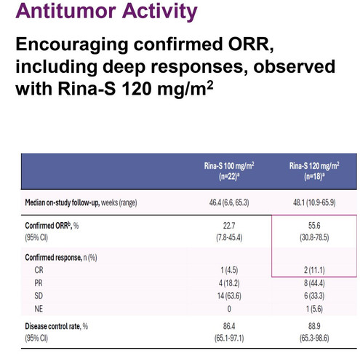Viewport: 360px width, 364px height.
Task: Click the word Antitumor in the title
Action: click(x=66, y=11)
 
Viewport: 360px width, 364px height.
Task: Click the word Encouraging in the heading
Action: click(x=72, y=45)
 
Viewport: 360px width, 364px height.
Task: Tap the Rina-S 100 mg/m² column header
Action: click(x=229, y=171)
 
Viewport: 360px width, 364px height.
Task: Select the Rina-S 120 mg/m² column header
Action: click(x=314, y=171)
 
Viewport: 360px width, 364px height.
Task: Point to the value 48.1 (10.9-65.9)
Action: click(x=314, y=202)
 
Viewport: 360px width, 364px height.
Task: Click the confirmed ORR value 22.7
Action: click(x=229, y=226)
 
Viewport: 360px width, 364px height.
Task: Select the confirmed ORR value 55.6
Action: click(x=314, y=226)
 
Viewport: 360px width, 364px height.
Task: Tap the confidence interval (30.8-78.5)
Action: click(x=314, y=237)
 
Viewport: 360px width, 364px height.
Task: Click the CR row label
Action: click(x=39, y=270)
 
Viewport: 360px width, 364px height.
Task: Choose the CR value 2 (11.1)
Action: click(x=314, y=270)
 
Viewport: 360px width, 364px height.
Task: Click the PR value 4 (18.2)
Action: click(x=229, y=283)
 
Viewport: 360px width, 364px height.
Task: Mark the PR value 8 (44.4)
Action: click(x=314, y=283)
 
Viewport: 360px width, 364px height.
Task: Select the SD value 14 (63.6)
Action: click(x=229, y=296)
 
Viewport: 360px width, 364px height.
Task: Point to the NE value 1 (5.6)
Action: click(x=314, y=309)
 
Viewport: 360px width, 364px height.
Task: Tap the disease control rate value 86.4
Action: click(x=229, y=326)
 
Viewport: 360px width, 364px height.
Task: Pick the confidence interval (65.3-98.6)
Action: click(x=314, y=338)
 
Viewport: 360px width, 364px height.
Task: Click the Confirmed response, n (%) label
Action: click(x=61, y=258)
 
